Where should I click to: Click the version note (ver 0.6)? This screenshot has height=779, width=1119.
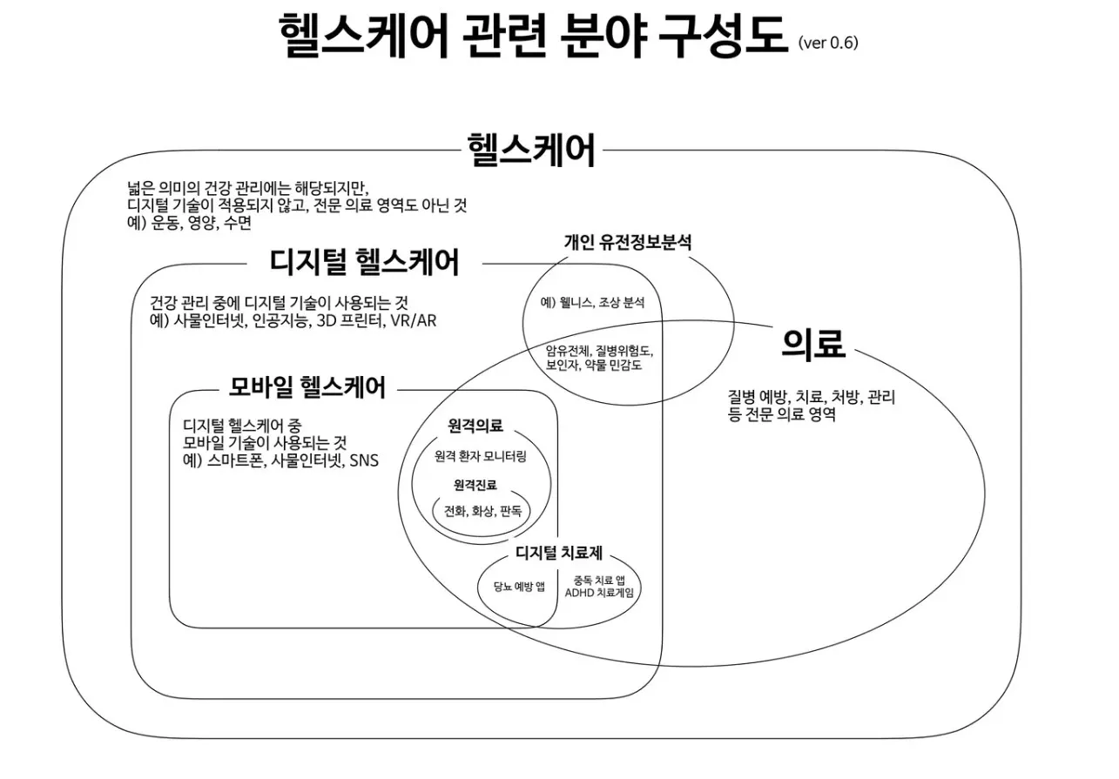(x=827, y=43)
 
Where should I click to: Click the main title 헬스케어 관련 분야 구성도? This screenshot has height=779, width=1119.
(x=533, y=37)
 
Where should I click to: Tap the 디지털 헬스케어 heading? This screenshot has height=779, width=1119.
(x=364, y=261)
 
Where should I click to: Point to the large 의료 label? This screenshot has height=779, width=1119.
(x=812, y=345)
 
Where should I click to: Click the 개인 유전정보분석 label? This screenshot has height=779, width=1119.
(x=627, y=243)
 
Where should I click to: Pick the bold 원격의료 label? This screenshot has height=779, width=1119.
(x=475, y=426)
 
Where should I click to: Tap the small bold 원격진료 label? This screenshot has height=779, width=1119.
(x=475, y=485)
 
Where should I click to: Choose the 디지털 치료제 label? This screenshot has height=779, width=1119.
(x=559, y=554)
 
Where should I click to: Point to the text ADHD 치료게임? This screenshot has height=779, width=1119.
(x=601, y=594)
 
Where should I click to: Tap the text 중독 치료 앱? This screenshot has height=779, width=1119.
(x=599, y=580)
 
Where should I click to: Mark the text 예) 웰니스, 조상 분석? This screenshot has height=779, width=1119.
(x=592, y=303)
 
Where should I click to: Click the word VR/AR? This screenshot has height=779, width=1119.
(x=414, y=320)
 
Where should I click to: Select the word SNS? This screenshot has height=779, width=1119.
(x=364, y=460)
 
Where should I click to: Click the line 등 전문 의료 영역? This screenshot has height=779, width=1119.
(x=781, y=414)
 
